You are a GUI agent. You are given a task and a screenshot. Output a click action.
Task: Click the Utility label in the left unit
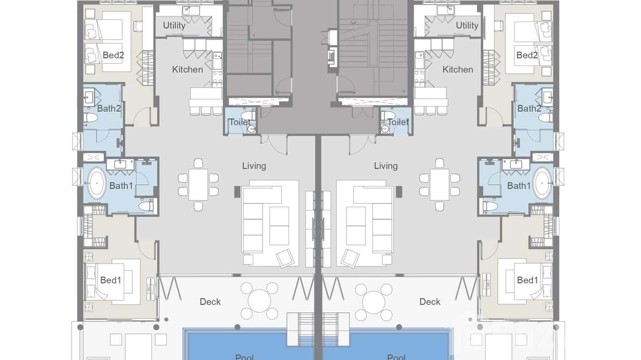click(x=174, y=25)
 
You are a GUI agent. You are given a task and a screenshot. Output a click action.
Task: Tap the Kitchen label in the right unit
click(x=458, y=69)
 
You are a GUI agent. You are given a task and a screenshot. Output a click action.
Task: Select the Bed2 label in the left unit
click(x=113, y=55)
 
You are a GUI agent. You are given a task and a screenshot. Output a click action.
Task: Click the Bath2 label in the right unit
click(x=528, y=108)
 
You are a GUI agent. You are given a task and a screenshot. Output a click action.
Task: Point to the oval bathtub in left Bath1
click(x=96, y=183)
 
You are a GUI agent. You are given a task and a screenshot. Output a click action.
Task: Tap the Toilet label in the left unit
click(x=239, y=122)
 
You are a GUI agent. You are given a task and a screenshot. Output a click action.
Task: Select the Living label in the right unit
click(x=385, y=166)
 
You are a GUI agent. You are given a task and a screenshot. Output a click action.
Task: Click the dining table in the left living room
click(x=198, y=185)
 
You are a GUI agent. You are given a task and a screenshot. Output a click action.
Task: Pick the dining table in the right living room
click(x=439, y=185)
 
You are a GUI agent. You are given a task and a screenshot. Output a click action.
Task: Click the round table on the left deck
click(x=259, y=301)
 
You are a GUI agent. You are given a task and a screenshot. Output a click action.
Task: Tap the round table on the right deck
click(x=374, y=301)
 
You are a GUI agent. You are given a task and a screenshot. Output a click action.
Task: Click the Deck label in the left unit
click(x=210, y=302)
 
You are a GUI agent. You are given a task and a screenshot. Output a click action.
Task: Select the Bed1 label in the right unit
click(x=527, y=280)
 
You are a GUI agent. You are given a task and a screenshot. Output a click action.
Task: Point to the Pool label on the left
click(x=245, y=357)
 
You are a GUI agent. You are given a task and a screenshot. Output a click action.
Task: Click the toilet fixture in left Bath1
click(x=146, y=206)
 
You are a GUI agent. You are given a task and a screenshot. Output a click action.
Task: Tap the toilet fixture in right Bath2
click(x=545, y=117)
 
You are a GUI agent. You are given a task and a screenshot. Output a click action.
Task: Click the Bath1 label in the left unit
click(x=121, y=186)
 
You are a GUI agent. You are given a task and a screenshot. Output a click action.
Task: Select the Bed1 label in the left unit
click(x=110, y=280)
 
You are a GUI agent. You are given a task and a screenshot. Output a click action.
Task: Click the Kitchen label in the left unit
click(x=187, y=69)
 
